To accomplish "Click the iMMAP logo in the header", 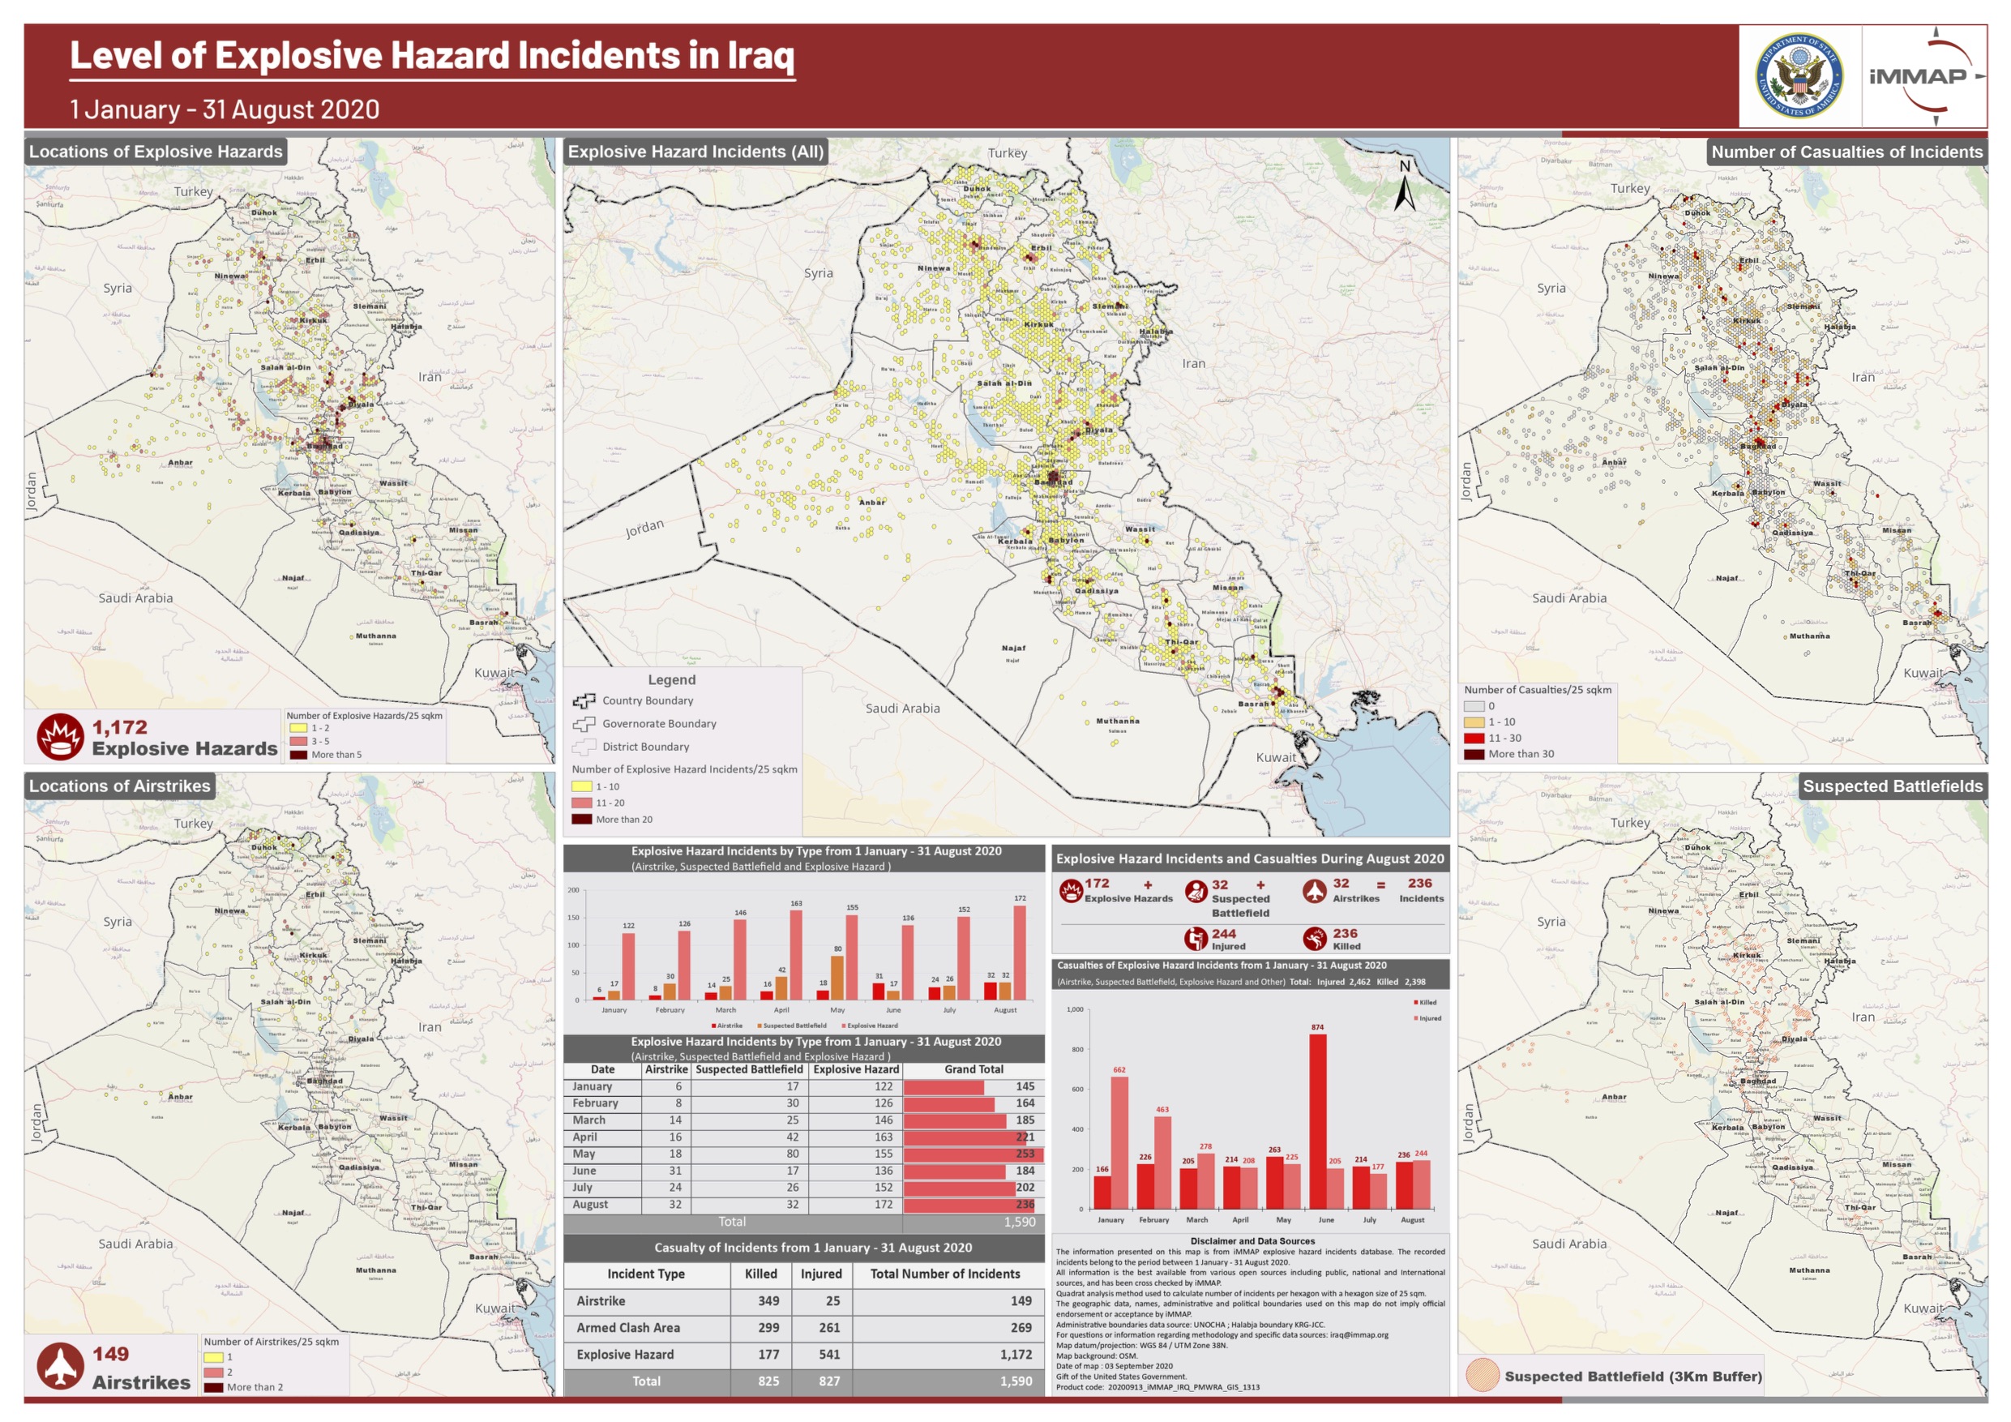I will click(x=1923, y=76).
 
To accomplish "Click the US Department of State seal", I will click(x=1799, y=76).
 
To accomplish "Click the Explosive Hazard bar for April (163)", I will click(x=795, y=955).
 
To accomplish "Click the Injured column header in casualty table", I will click(x=820, y=1274).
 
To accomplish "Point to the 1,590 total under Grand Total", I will click(x=1019, y=1222).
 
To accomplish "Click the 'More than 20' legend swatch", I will click(x=582, y=819).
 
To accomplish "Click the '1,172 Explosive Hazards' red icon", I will click(x=59, y=737).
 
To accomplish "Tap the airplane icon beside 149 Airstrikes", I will click(x=59, y=1365).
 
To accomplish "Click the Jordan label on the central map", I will click(x=644, y=528).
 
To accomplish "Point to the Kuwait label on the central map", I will click(x=1275, y=757).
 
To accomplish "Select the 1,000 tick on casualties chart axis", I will click(x=1075, y=1009).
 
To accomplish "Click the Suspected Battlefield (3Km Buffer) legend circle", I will click(x=1483, y=1376).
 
